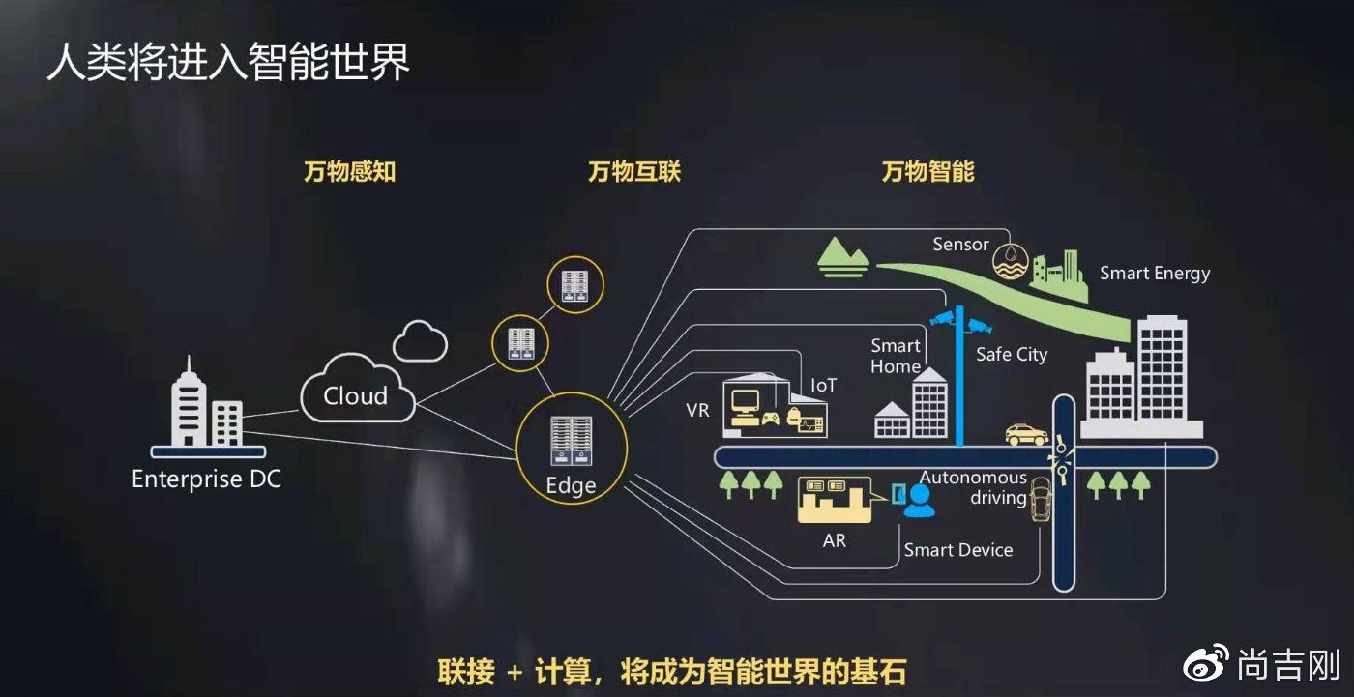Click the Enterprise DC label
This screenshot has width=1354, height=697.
[x=206, y=479]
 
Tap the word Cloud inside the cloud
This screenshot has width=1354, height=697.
[x=355, y=395]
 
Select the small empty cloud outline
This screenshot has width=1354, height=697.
[x=420, y=339]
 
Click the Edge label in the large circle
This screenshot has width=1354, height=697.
[x=571, y=484]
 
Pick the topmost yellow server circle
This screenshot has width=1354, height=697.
[x=575, y=285]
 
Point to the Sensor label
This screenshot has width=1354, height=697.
[x=960, y=245]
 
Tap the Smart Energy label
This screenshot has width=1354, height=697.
[x=1155, y=273]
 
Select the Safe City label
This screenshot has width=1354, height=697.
[x=1012, y=354]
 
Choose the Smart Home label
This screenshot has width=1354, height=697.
[x=896, y=356]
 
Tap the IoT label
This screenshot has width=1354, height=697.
[x=824, y=385]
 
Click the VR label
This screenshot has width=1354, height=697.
[x=697, y=410]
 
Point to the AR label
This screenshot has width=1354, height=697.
[x=834, y=540]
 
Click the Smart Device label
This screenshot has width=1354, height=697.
[x=958, y=550]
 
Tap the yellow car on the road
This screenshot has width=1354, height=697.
[x=1026, y=434]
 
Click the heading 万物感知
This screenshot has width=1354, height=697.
[x=349, y=172]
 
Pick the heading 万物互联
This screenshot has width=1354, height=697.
[x=634, y=172]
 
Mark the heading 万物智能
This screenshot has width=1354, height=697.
[x=927, y=172]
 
